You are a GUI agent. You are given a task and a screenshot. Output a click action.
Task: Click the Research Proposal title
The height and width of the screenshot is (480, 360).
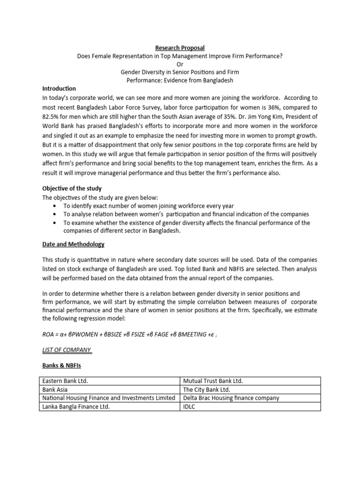pyautogui.click(x=180, y=48)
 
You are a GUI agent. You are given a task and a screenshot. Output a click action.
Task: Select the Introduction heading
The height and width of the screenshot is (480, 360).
pyautogui.click(x=59, y=89)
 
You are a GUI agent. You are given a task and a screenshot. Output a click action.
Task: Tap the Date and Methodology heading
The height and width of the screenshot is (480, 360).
pyautogui.click(x=74, y=244)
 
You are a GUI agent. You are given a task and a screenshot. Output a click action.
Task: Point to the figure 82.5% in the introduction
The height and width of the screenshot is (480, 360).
pyautogui.click(x=52, y=117)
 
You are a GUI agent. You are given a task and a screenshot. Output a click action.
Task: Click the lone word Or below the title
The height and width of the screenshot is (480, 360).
pyautogui.click(x=180, y=64)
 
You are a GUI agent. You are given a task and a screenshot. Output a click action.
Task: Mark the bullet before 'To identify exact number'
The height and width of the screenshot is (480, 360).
pyautogui.click(x=57, y=206)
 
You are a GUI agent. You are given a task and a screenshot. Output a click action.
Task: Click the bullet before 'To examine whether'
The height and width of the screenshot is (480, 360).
pyautogui.click(x=57, y=223)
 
